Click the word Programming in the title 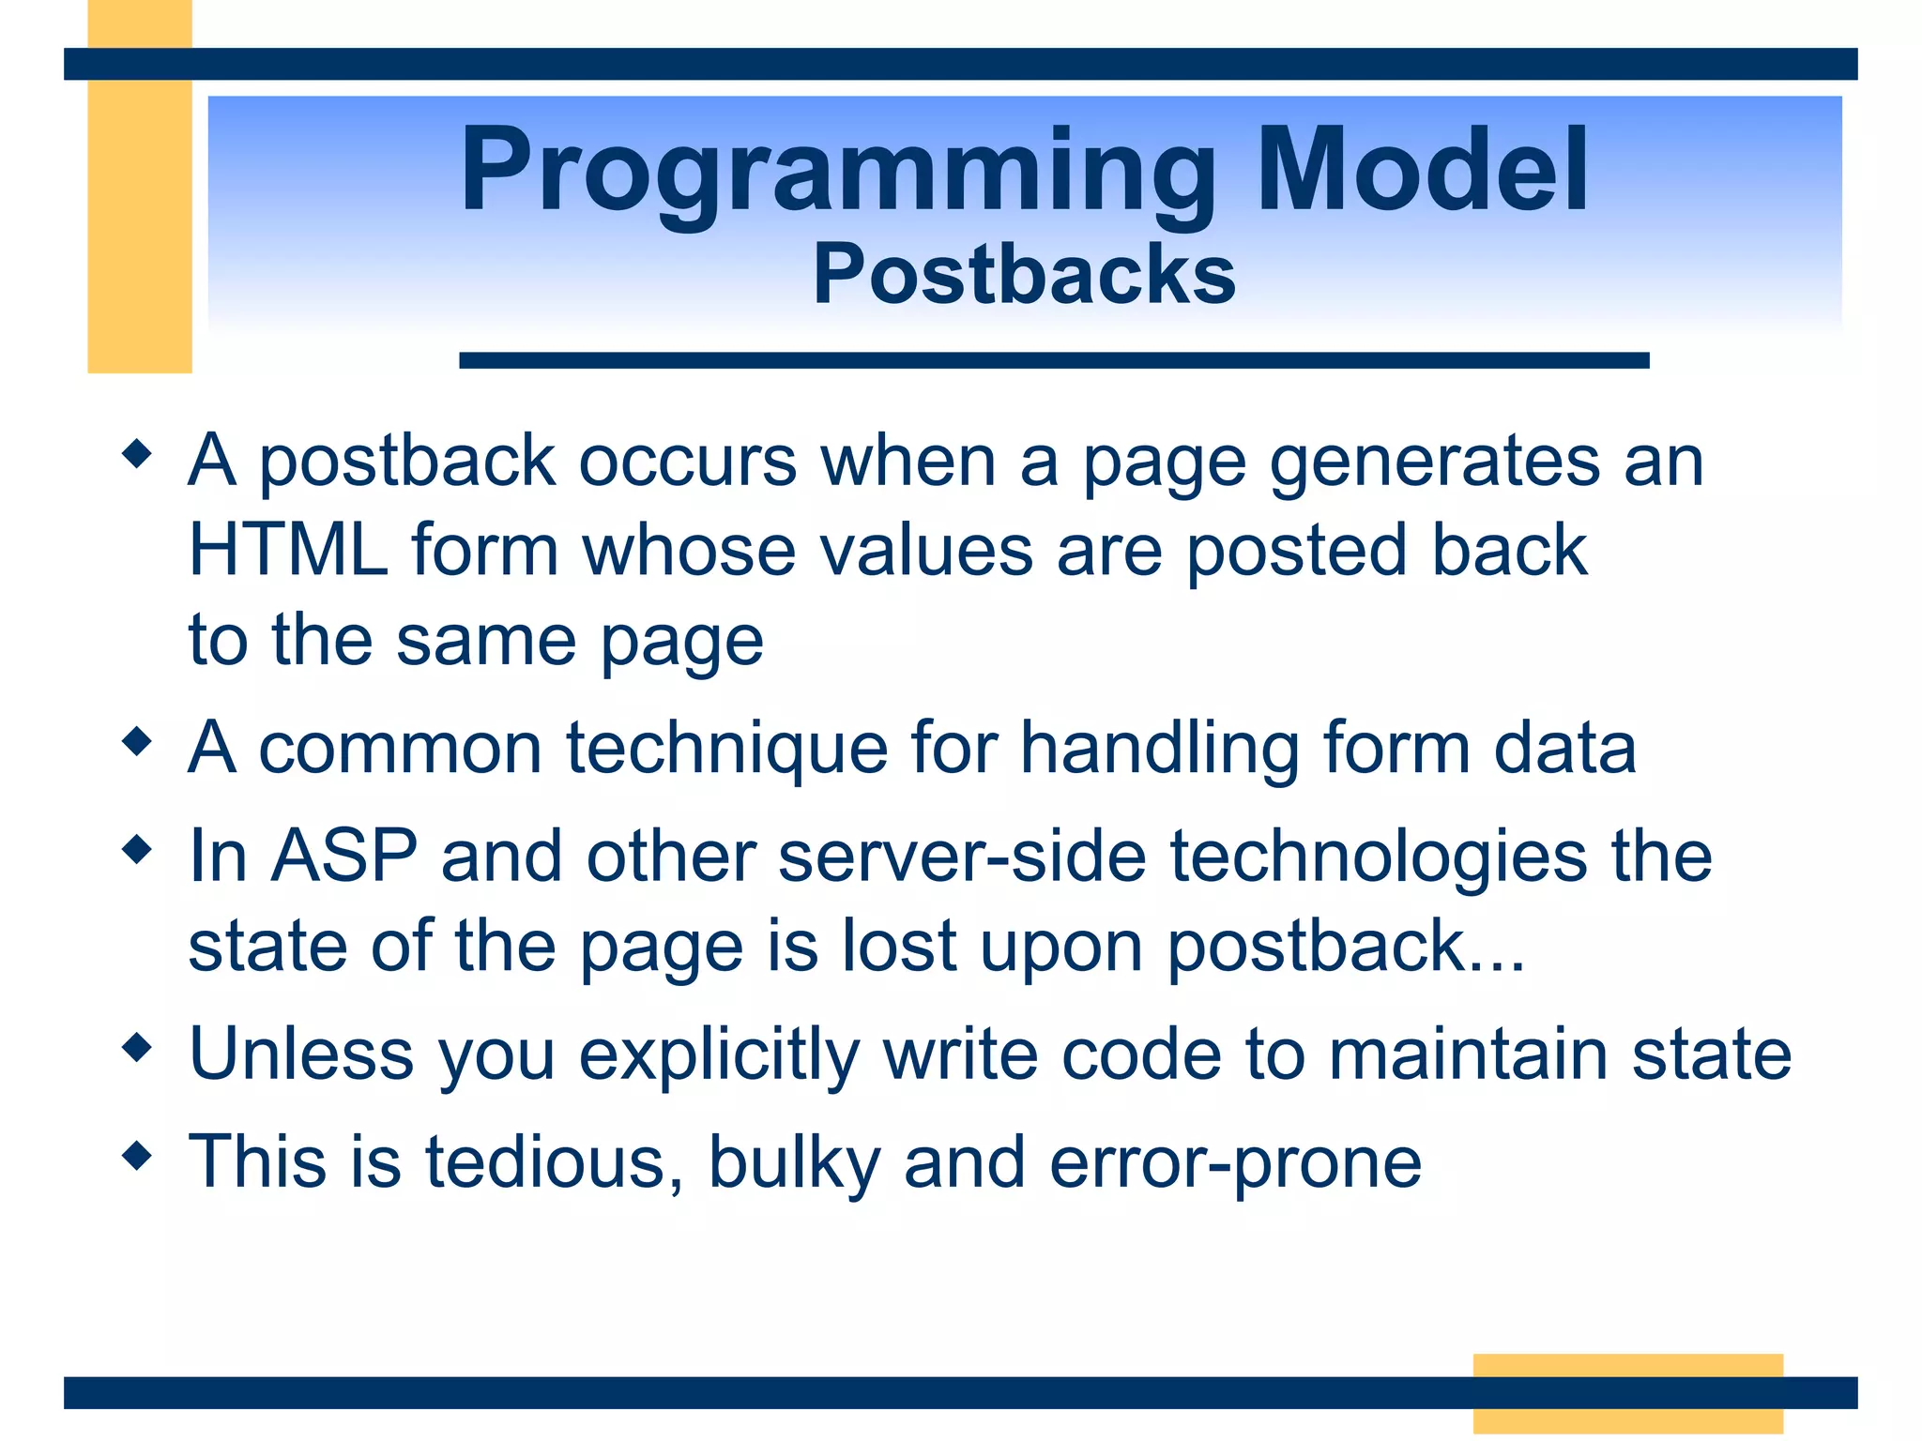tap(838, 175)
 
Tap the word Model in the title tap(1423, 169)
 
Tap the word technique tap(726, 751)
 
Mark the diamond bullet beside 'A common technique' tap(137, 742)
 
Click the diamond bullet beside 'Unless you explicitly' tap(137, 1047)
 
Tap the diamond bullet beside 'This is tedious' tap(137, 1155)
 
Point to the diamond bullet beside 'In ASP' tap(137, 850)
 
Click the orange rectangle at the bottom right tap(1627, 1393)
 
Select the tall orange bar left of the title tap(140, 187)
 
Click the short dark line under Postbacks tap(1054, 360)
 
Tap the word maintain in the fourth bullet tap(1468, 1054)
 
